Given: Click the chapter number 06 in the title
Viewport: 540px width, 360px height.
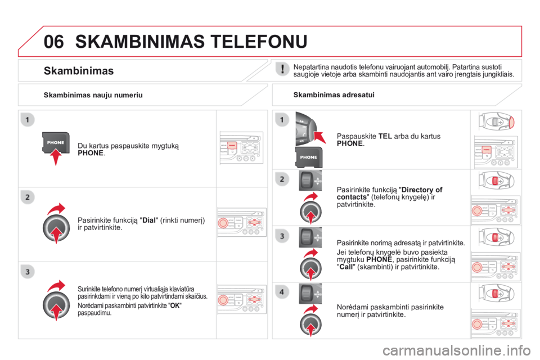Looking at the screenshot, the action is pos(54,42).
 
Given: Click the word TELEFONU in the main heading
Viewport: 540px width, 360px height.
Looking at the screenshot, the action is pos(259,42).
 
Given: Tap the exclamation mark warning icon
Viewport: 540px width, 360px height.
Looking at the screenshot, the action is pos(282,69).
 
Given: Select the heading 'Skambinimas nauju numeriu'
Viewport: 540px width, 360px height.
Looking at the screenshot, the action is pos(93,95).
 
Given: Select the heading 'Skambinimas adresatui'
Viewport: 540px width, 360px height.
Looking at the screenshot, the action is pos(334,94).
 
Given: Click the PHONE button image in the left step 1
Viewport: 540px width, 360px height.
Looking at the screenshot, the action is pos(56,143).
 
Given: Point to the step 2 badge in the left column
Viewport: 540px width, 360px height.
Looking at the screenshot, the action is pos(28,197).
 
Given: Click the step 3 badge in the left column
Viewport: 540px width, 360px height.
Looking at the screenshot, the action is pos(28,272).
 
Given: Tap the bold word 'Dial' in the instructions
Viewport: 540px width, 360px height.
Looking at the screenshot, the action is pos(149,220).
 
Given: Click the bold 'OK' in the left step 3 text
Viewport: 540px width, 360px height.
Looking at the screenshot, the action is pos(175,305).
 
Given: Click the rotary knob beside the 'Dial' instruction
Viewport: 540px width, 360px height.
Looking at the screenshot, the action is pos(56,227).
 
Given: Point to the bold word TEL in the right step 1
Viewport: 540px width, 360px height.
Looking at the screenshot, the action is pos(385,137).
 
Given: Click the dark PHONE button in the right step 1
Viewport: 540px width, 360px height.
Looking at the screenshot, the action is pos(309,157).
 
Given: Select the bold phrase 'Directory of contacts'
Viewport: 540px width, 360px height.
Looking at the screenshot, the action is pos(389,193).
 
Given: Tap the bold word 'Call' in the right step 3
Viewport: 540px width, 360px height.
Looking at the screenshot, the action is pos(346,267).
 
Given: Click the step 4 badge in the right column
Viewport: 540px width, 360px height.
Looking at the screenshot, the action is pos(282,292).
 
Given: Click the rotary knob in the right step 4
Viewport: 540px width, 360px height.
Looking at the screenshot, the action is pos(310,324).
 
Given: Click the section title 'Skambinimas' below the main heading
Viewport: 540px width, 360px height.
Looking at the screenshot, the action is pos(79,71).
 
